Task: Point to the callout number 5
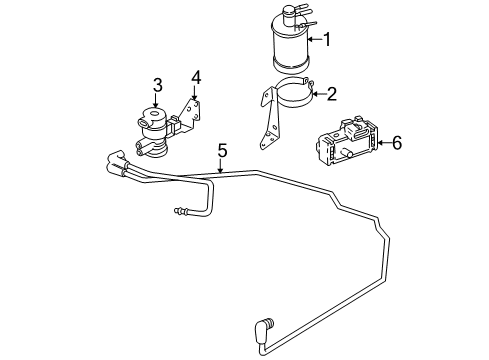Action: tap(222, 150)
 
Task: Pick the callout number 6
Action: tap(396, 144)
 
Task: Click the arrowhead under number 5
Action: tap(219, 172)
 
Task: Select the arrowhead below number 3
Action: tap(156, 103)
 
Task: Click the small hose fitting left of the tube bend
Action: tap(180, 212)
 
